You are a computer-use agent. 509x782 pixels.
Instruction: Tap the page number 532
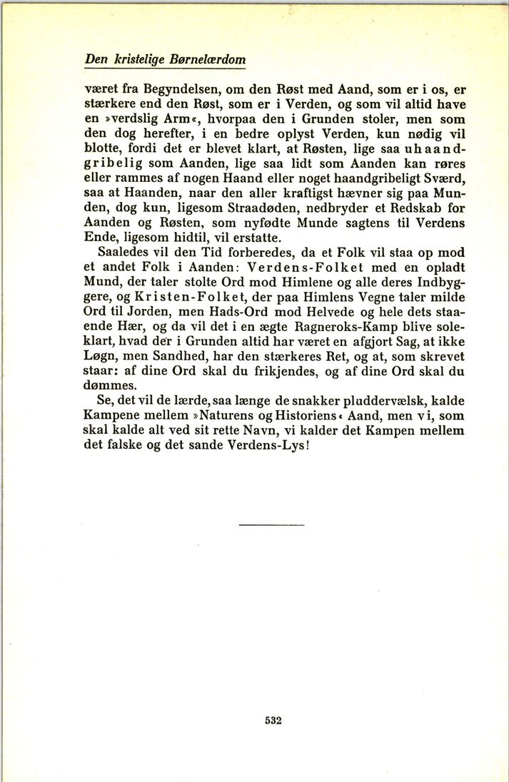[x=273, y=720]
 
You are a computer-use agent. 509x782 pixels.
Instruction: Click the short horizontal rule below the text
[x=272, y=525]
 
